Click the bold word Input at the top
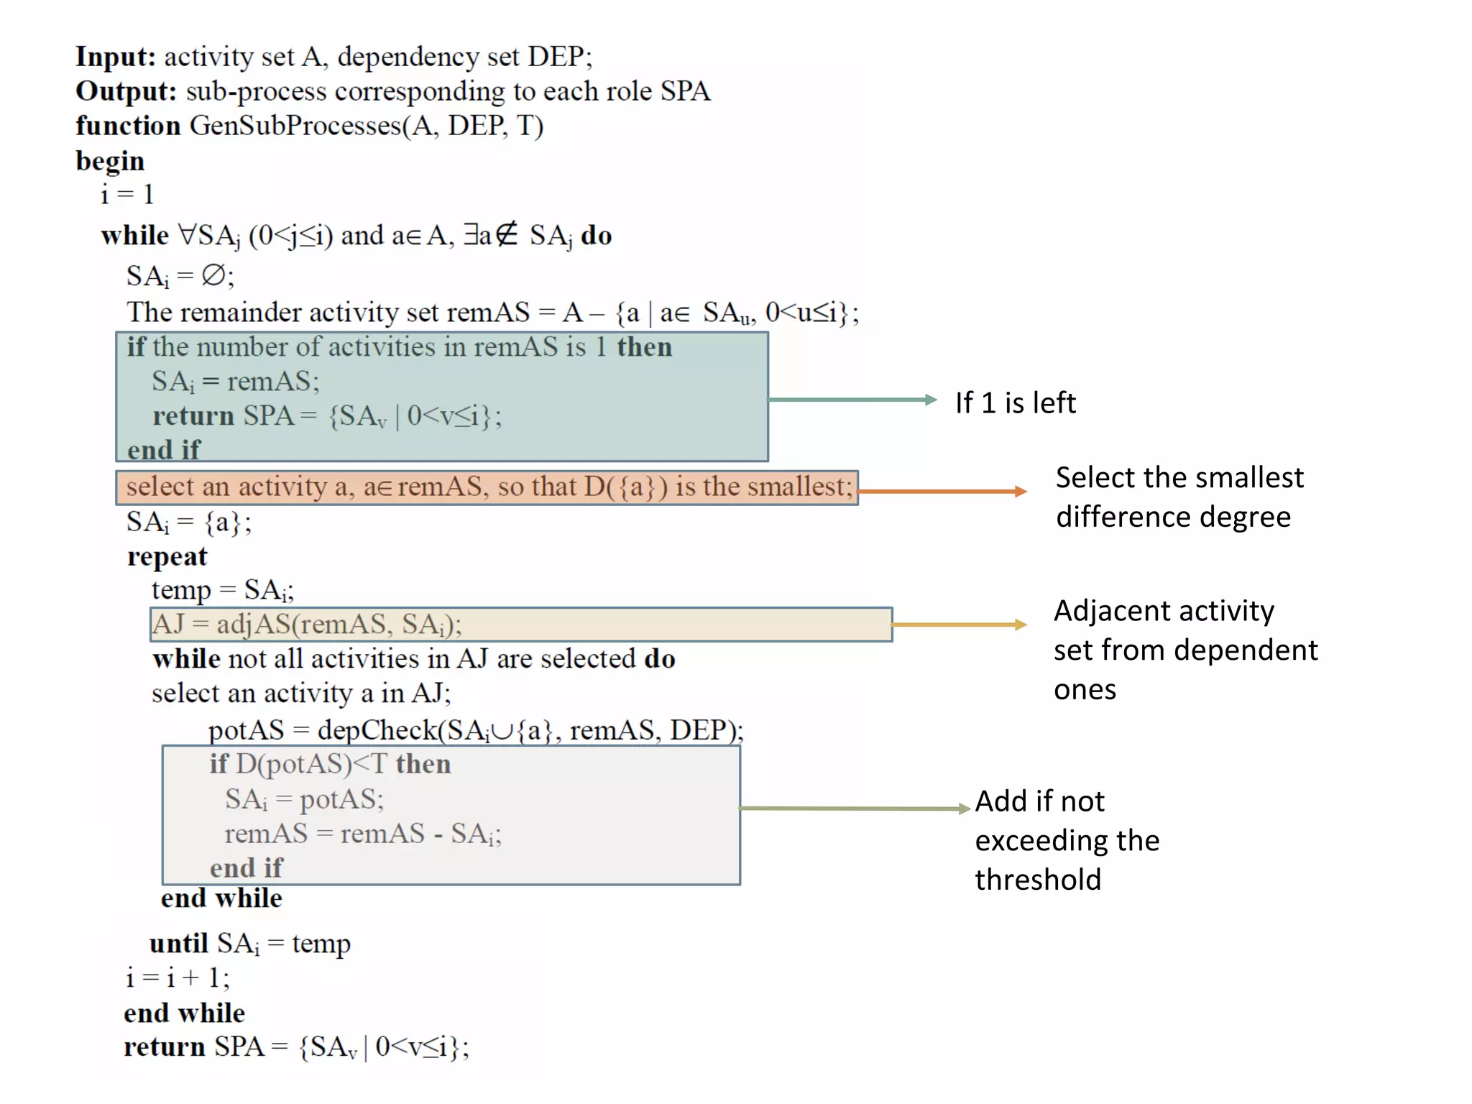[115, 57]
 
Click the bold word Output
[126, 91]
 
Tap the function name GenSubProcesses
[295, 126]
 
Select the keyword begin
[110, 161]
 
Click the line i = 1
[127, 195]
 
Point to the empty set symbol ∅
[213, 275]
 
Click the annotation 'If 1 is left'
[1015, 403]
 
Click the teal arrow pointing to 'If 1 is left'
[852, 400]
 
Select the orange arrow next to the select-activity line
[942, 492]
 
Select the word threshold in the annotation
[1038, 880]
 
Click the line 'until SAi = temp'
[249, 944]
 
